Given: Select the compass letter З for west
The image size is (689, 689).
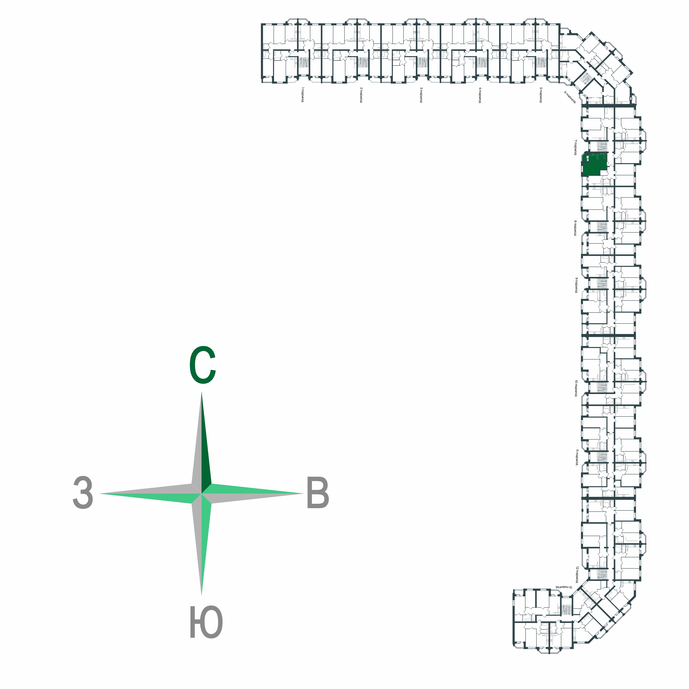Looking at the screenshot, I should coord(83,493).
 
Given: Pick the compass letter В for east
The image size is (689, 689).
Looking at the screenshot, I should coord(318,494).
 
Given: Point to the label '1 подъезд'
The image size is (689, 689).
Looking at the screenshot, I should coord(302,95).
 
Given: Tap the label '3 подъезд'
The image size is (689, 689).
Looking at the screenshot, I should coord(421,95).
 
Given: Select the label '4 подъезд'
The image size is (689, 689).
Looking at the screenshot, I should coord(480,95).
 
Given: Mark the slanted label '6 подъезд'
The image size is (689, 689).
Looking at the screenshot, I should coord(570,97).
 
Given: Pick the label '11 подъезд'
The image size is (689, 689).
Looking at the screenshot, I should coord(576,457).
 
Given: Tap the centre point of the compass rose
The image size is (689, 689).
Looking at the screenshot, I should coord(202,494).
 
